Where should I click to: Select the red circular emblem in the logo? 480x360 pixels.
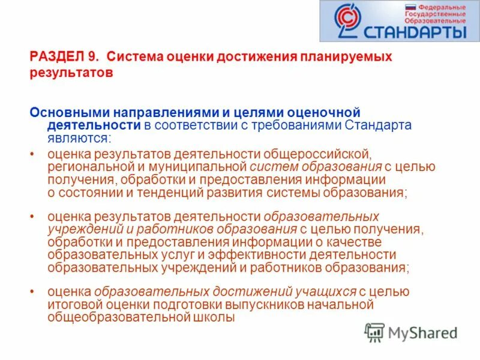coord(344,22)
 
